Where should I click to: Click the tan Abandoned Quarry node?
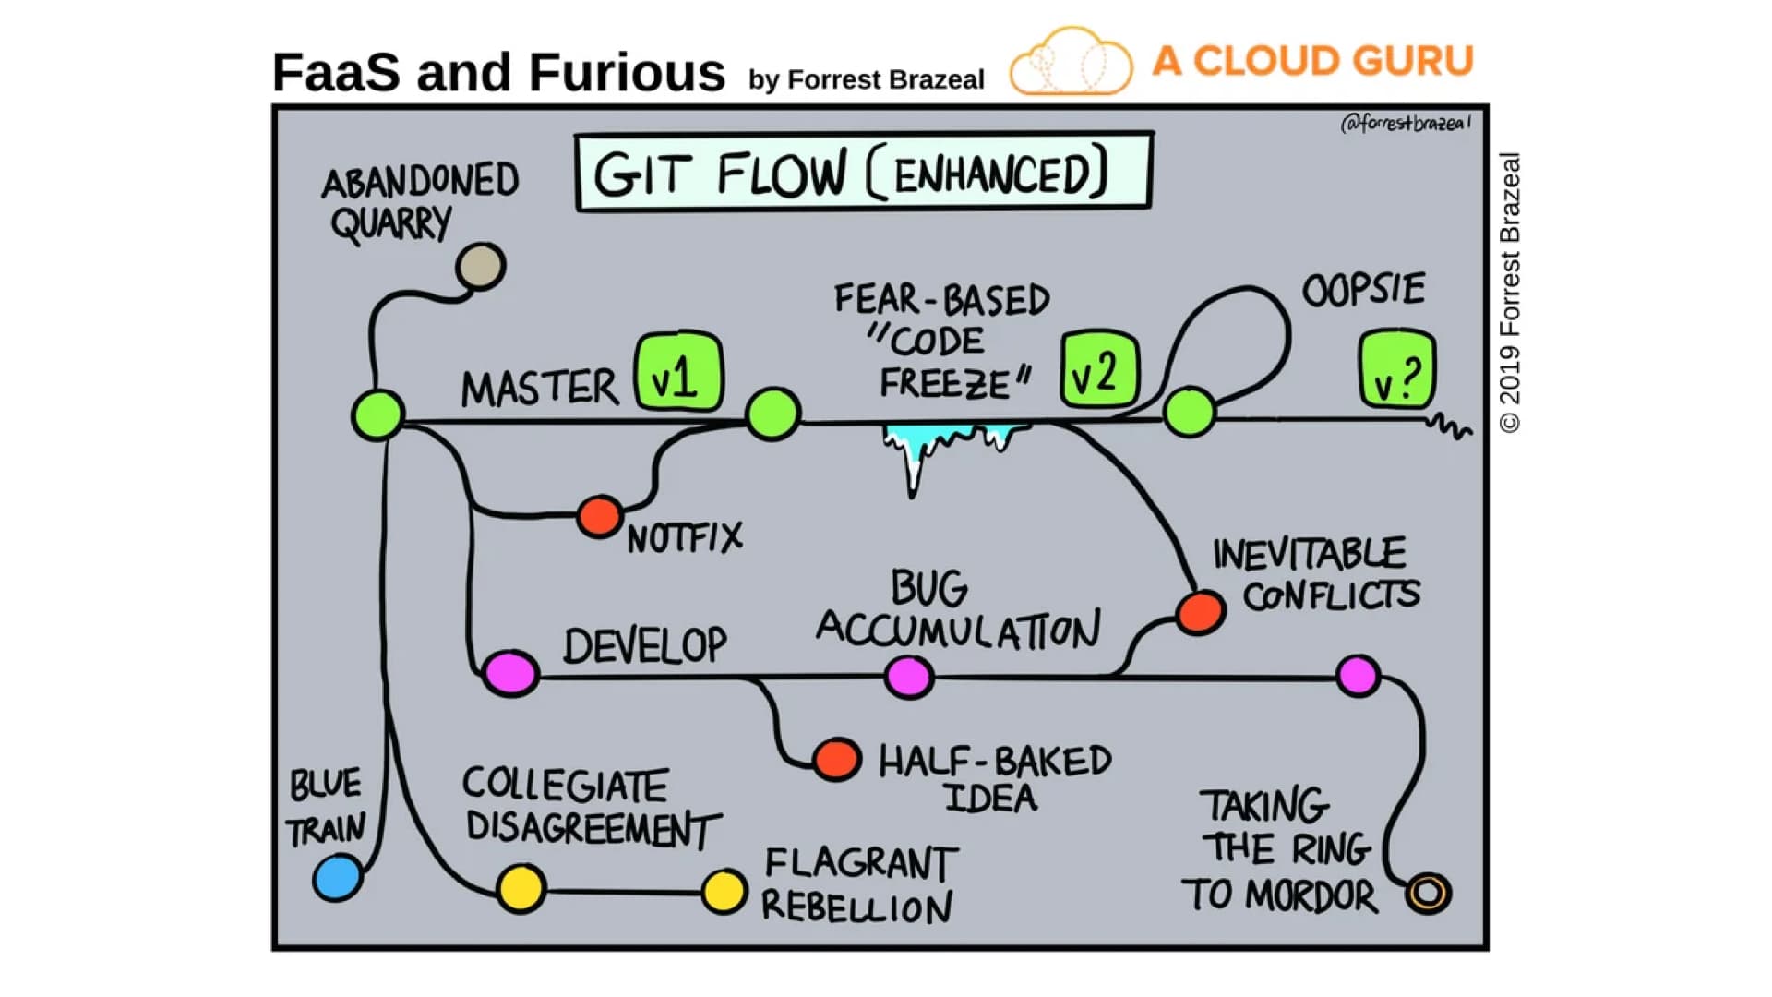click(480, 267)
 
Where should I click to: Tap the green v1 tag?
click(678, 372)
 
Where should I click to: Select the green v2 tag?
click(1099, 371)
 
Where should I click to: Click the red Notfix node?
click(600, 516)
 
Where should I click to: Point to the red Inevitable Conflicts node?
click(1201, 612)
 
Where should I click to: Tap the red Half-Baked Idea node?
click(836, 760)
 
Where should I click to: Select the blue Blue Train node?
click(338, 877)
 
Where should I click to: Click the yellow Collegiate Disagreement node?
click(521, 889)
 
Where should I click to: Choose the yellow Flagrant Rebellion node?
click(724, 892)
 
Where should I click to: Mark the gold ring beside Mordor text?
click(1428, 893)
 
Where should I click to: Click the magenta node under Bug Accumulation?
click(908, 677)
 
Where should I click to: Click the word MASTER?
click(540, 388)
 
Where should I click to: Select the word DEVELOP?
click(645, 645)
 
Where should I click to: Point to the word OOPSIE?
click(1363, 290)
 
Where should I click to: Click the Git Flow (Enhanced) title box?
click(863, 173)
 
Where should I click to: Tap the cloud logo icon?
click(1071, 63)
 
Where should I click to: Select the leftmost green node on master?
click(377, 414)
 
